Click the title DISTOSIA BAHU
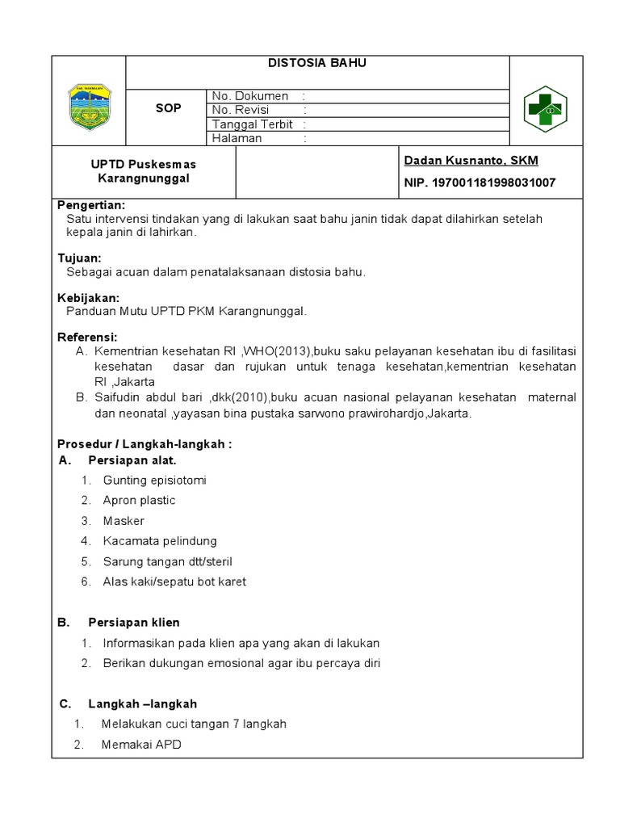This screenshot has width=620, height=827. click(x=317, y=63)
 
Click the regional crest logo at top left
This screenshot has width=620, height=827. click(x=89, y=107)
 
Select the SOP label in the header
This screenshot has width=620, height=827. click(x=168, y=109)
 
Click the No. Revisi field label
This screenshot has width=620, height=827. click(x=241, y=110)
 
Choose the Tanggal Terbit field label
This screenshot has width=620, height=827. click(x=252, y=124)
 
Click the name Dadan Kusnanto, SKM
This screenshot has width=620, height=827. click(x=471, y=161)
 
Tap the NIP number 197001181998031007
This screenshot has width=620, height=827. click(x=480, y=183)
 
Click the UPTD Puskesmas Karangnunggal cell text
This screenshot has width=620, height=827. click(x=143, y=171)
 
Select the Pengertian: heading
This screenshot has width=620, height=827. click(x=91, y=205)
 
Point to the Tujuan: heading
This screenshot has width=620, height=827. click(x=79, y=258)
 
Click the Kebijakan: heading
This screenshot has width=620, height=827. click(x=89, y=298)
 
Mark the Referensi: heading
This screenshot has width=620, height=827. click(x=87, y=337)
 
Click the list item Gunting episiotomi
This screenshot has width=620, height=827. click(x=154, y=480)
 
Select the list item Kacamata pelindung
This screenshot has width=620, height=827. click(x=159, y=541)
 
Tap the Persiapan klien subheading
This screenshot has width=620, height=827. click(x=133, y=622)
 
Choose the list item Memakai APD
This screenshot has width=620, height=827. click(x=141, y=745)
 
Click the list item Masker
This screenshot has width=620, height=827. click(x=124, y=521)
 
